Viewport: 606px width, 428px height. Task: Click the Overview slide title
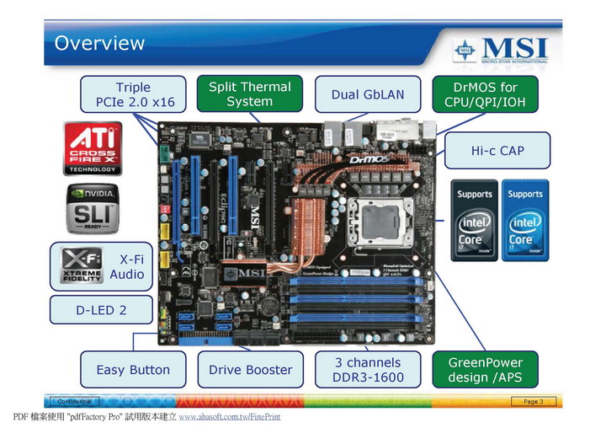pos(99,43)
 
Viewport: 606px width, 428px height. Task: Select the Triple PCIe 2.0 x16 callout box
pos(134,94)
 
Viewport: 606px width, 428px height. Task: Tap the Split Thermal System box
pos(249,94)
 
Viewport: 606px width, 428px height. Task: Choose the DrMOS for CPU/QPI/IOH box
pos(485,94)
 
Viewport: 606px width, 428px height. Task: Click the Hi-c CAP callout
pos(497,151)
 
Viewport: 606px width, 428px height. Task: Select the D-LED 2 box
pos(101,310)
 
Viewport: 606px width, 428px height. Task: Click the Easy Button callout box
pos(133,369)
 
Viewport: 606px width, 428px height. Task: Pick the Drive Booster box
pos(250,369)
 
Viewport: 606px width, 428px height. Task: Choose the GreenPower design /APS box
pos(485,369)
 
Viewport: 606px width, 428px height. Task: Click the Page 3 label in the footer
pos(534,402)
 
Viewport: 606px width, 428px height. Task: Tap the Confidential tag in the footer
pos(73,402)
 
